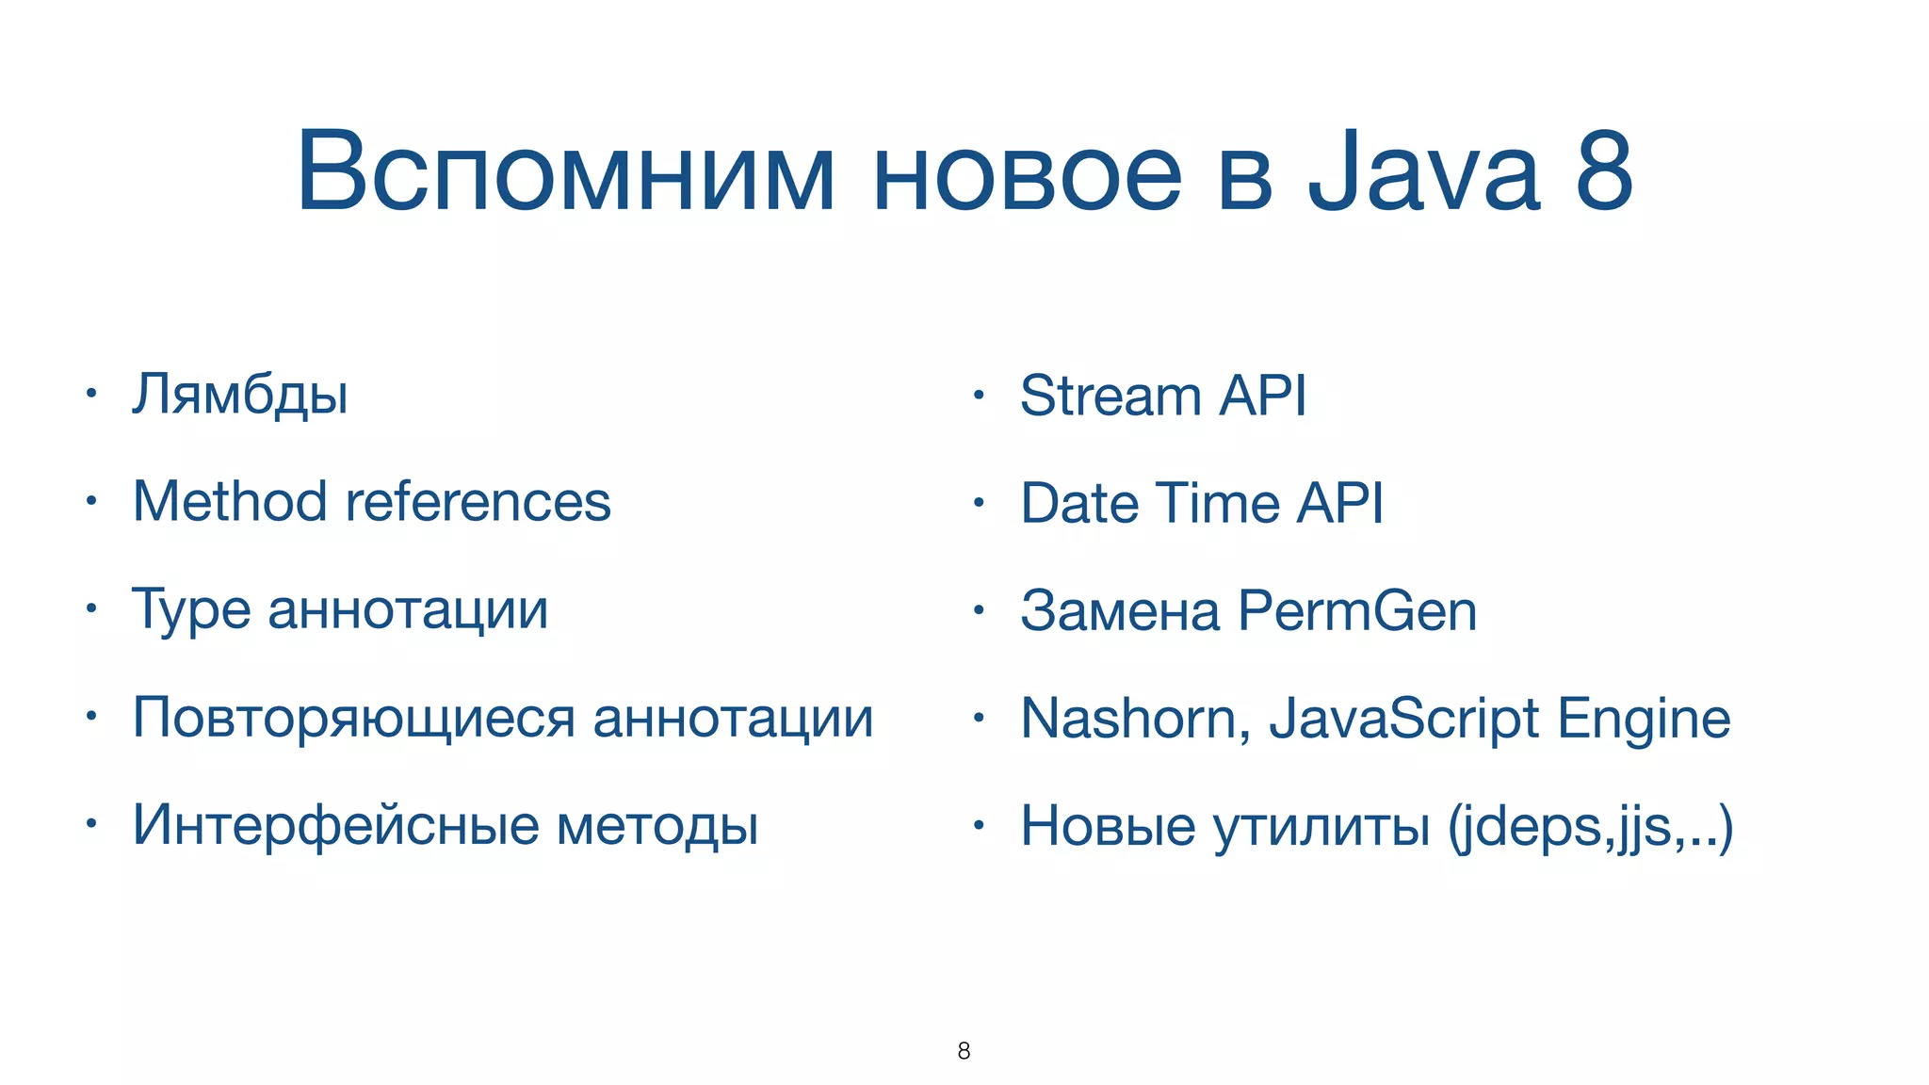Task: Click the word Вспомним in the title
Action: [566, 172]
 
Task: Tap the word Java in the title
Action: [1423, 172]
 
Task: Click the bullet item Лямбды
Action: [240, 396]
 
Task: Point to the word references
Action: [478, 501]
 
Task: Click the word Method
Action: [230, 501]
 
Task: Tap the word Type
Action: [190, 610]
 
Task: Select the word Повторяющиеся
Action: [353, 719]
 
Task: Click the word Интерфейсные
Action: [335, 825]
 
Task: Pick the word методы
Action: [657, 827]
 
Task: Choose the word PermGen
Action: [1357, 611]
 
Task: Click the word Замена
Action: [1120, 611]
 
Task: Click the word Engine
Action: [1644, 720]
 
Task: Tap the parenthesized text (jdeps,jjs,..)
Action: [1590, 827]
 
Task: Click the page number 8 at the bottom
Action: [964, 1051]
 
